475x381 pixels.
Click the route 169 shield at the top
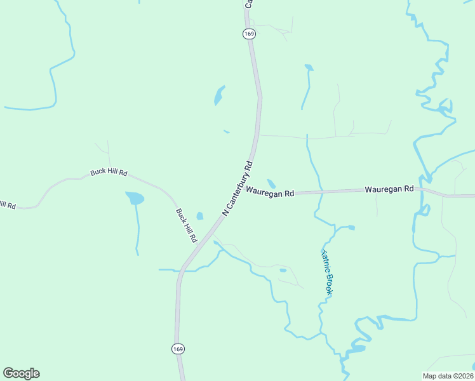click(x=249, y=34)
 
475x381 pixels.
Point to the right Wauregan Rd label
click(x=389, y=189)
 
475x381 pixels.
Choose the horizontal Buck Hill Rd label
click(x=109, y=173)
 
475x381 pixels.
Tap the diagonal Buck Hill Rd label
click(x=186, y=225)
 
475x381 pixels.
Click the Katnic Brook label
click(x=326, y=272)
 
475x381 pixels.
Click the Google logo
click(x=21, y=373)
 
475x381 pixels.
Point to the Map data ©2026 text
click(x=448, y=375)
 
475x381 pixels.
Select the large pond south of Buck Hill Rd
click(x=135, y=198)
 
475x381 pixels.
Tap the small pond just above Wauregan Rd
click(x=271, y=184)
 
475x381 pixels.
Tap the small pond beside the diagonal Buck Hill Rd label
click(x=200, y=216)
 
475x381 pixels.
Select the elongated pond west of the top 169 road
click(x=219, y=95)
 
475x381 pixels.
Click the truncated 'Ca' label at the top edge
click(x=249, y=4)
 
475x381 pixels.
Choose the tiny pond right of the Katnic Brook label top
click(x=351, y=227)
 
